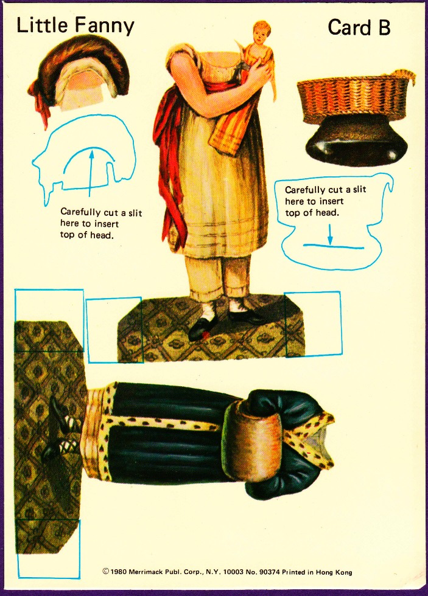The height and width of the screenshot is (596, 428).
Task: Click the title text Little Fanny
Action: pos(75,26)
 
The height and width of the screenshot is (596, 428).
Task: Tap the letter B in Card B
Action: pos(383,28)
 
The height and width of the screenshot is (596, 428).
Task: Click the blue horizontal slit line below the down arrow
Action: pos(334,247)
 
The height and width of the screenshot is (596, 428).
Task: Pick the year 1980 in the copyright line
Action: pos(118,571)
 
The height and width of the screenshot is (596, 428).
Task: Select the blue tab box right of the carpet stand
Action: pos(313,324)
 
